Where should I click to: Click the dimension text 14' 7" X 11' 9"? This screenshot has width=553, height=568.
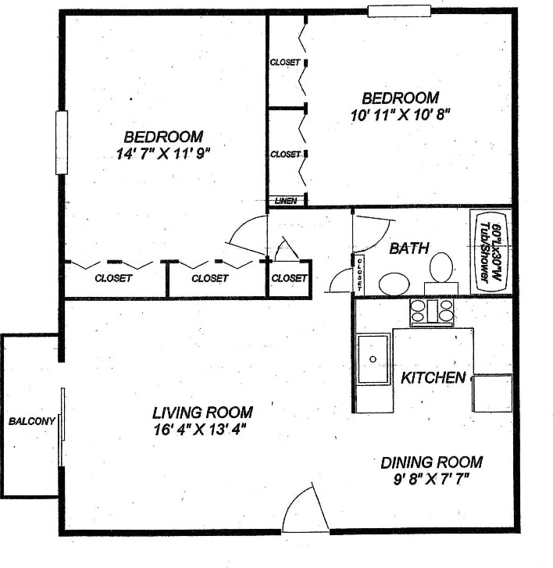point(163,154)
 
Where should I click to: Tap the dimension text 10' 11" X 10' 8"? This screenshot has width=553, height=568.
point(401,115)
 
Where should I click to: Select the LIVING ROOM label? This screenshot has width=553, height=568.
point(202,412)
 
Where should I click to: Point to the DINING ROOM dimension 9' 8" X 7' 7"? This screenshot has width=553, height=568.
point(431,478)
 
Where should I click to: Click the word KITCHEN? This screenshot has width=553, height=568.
point(433,378)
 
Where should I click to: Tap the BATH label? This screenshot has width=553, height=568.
point(409,248)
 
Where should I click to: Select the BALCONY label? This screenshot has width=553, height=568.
point(32,422)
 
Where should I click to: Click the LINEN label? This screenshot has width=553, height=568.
point(284,201)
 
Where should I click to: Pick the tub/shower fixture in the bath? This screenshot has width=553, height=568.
point(490,251)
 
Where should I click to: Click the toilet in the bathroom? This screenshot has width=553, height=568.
point(441,270)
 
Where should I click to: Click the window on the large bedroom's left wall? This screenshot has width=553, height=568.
point(61,143)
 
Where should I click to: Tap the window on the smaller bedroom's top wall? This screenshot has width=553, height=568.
point(399,11)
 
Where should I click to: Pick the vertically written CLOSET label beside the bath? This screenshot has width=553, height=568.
point(360,273)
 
